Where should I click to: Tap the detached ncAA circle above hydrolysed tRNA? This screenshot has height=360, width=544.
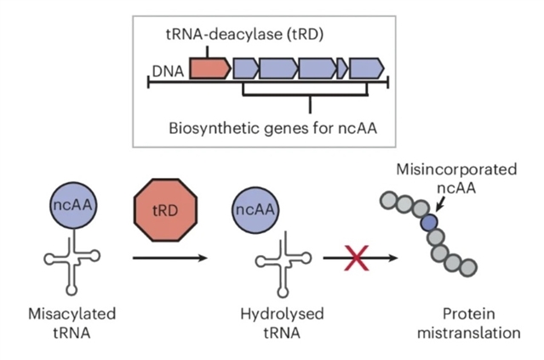click(x=255, y=209)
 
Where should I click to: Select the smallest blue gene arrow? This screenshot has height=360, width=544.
click(x=342, y=68)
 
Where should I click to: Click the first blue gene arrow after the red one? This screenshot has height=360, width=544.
click(x=246, y=68)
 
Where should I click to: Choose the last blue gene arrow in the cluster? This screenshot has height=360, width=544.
click(x=367, y=68)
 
